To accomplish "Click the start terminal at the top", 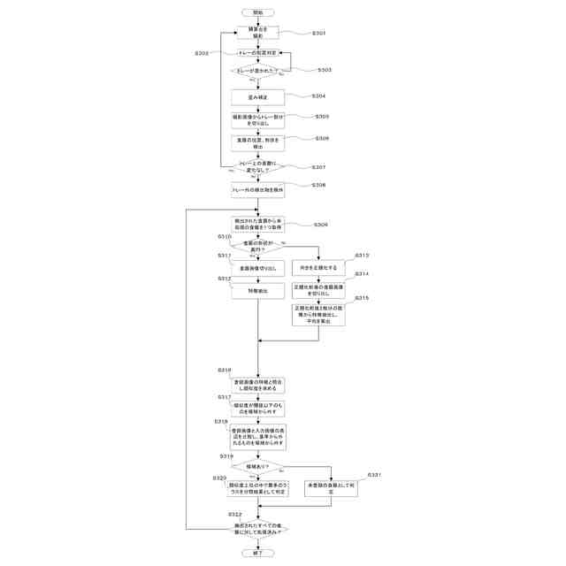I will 257,12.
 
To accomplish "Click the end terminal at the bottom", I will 257,553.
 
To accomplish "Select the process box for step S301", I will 257,33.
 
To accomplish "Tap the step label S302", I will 202,54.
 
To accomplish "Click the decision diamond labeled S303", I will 257,71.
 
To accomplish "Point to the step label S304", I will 319,96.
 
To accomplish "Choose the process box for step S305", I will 257,119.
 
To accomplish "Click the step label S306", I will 322,139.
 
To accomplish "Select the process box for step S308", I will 257,189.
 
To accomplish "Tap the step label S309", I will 320,225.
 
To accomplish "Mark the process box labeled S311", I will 257,266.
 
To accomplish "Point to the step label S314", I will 363,274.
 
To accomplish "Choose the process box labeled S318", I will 257,437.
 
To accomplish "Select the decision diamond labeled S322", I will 257,529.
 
